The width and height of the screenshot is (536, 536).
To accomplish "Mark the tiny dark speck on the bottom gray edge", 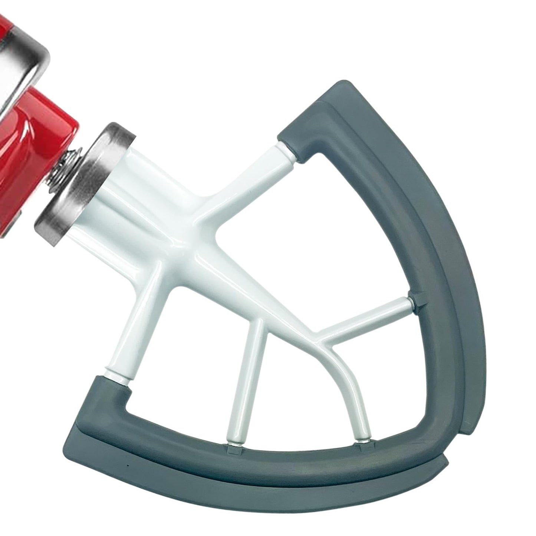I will (x=127, y=466).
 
